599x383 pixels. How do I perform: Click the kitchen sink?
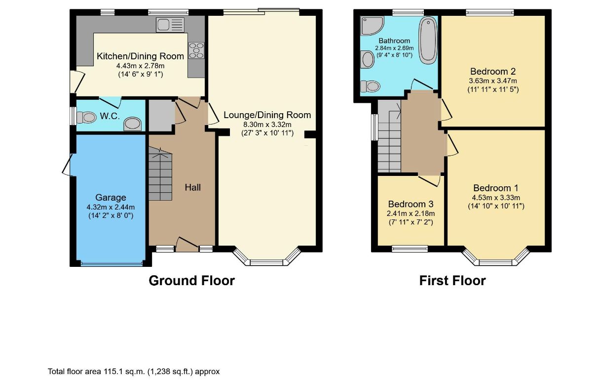170,25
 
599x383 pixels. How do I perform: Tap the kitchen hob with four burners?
196,50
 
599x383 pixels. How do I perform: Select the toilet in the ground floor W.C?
86,117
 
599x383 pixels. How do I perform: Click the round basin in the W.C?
132,124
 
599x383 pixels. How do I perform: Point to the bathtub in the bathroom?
428,40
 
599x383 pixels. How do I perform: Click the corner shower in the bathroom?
371,25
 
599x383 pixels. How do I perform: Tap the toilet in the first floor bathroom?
371,86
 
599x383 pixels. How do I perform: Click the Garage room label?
111,197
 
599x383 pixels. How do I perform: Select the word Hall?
193,187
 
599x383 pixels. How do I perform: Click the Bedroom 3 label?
411,204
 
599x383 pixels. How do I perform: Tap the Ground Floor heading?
192,281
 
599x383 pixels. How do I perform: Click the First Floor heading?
452,281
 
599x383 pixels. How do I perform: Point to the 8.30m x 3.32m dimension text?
267,125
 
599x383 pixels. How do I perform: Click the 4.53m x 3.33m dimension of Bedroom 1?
496,198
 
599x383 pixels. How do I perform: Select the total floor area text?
134,372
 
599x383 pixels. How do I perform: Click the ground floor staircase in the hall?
160,173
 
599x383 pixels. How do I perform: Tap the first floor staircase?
389,136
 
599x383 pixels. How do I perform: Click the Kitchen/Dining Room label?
141,56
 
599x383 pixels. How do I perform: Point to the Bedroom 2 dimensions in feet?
493,89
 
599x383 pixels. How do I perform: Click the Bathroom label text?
394,41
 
